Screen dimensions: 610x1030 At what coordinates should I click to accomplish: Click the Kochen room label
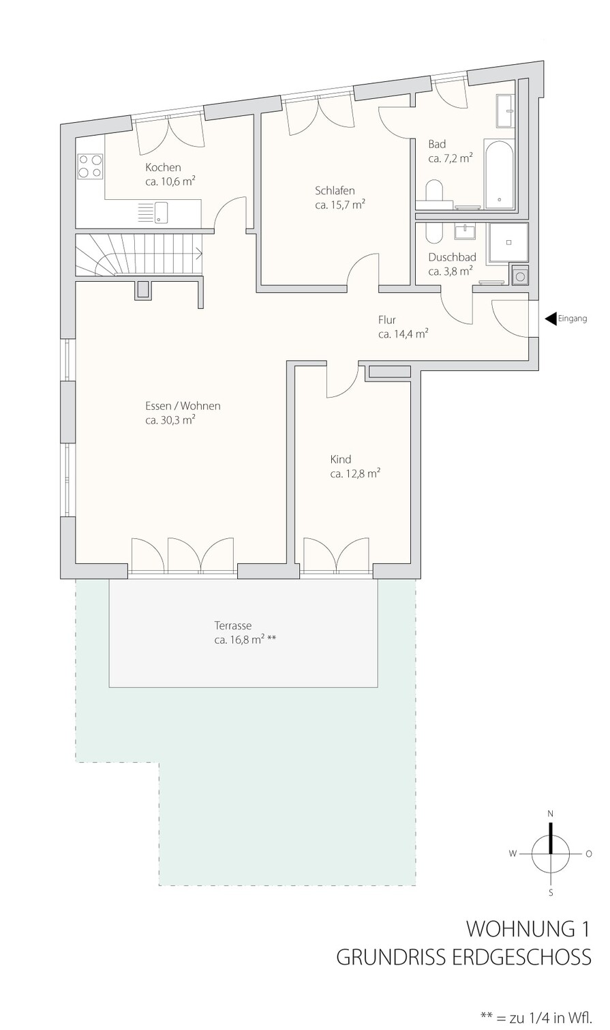pos(163,167)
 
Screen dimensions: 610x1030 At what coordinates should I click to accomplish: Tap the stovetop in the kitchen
pos(90,166)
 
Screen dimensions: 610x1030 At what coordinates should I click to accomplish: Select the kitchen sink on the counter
pos(154,212)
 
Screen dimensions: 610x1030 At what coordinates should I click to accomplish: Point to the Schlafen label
pos(335,190)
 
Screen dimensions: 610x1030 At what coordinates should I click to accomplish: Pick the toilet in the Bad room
pos(433,194)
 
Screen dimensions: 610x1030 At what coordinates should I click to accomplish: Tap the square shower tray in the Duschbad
pos(508,242)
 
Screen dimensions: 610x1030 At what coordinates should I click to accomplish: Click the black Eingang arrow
pos(551,319)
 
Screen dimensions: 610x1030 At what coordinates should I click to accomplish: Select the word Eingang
pos(573,319)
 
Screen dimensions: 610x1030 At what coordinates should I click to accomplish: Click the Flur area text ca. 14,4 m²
pos(403,334)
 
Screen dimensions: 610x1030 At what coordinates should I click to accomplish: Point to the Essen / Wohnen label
pos(183,406)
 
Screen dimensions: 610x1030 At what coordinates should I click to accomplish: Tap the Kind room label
pos(341,459)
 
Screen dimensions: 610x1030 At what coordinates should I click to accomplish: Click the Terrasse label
pos(233,626)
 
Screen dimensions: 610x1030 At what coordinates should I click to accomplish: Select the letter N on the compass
pos(551,814)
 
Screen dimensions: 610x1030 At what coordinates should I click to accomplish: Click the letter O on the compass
pos(589,854)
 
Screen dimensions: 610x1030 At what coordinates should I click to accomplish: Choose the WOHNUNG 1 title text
pos(528,929)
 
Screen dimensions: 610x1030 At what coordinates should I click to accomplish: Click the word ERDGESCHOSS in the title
pos(522,957)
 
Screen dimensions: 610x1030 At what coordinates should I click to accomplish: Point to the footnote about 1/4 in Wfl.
pos(535,1017)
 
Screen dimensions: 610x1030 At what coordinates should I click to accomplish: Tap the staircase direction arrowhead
pos(199,252)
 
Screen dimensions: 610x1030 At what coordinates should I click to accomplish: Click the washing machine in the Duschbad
pos(519,276)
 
